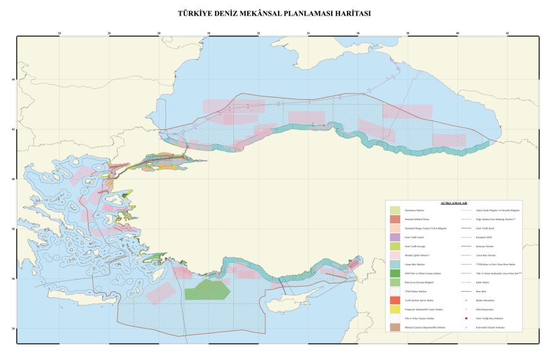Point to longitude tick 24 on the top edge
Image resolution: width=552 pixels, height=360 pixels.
[60, 33]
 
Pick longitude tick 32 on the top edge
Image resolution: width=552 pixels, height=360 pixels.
[258, 33]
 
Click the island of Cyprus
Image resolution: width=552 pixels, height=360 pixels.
[285, 305]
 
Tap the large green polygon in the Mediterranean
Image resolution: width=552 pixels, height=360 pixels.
[207, 290]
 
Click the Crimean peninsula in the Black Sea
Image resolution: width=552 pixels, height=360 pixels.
[295, 45]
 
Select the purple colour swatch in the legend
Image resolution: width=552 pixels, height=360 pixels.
[395, 237]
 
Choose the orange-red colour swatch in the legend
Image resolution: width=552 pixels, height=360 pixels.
[395, 300]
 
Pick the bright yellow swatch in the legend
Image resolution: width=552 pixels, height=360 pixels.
[395, 309]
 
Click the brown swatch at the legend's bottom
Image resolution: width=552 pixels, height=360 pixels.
[395, 327]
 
